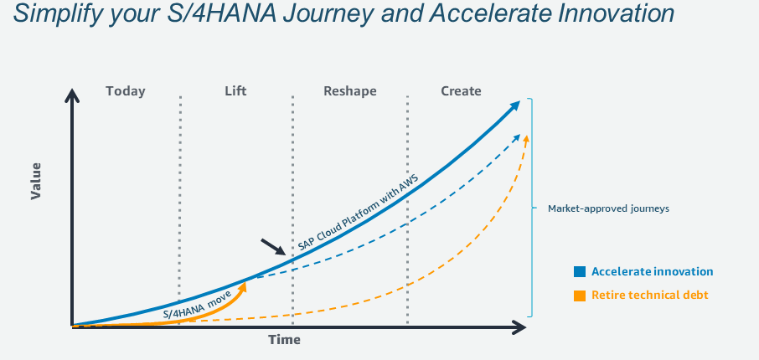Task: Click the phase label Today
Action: tap(126, 91)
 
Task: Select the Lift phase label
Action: tap(235, 91)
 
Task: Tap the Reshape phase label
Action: tap(350, 91)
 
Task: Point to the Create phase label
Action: tap(461, 91)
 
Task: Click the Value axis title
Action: tap(36, 182)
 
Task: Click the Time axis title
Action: tap(285, 340)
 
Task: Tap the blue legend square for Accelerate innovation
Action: tap(580, 271)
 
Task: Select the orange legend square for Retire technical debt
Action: tap(580, 296)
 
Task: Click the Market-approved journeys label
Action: tap(608, 208)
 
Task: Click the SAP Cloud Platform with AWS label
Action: tap(358, 213)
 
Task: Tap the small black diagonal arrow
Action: tap(273, 247)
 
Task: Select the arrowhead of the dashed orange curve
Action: tap(526, 141)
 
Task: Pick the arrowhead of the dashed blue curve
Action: tap(516, 137)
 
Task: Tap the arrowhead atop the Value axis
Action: tap(72, 95)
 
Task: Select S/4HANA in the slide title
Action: tap(220, 13)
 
